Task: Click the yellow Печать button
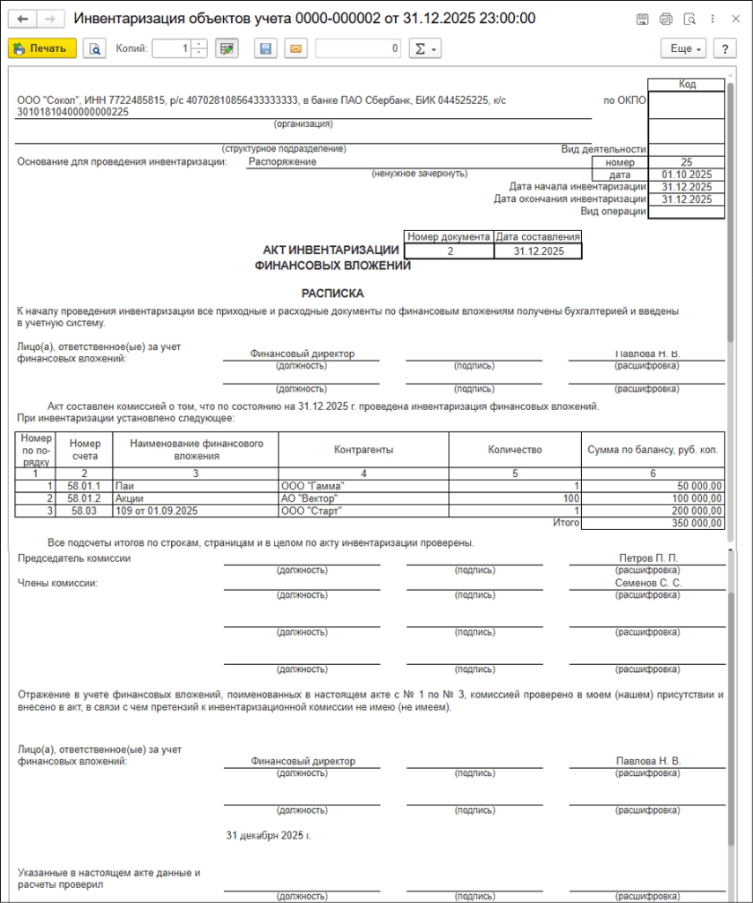(x=41, y=49)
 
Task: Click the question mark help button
(x=724, y=49)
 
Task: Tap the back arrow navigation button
(x=23, y=19)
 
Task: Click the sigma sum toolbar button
(x=425, y=49)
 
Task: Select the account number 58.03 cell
(x=85, y=511)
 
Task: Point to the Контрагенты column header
(x=363, y=450)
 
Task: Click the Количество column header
(x=514, y=450)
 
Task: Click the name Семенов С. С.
(x=648, y=583)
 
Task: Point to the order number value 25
(x=686, y=162)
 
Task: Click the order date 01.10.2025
(x=686, y=175)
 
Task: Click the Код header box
(x=686, y=85)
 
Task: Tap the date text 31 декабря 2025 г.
(x=269, y=834)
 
